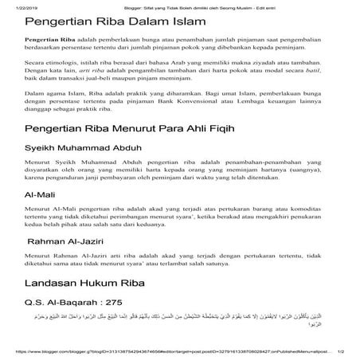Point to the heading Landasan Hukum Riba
pos(91,305)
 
